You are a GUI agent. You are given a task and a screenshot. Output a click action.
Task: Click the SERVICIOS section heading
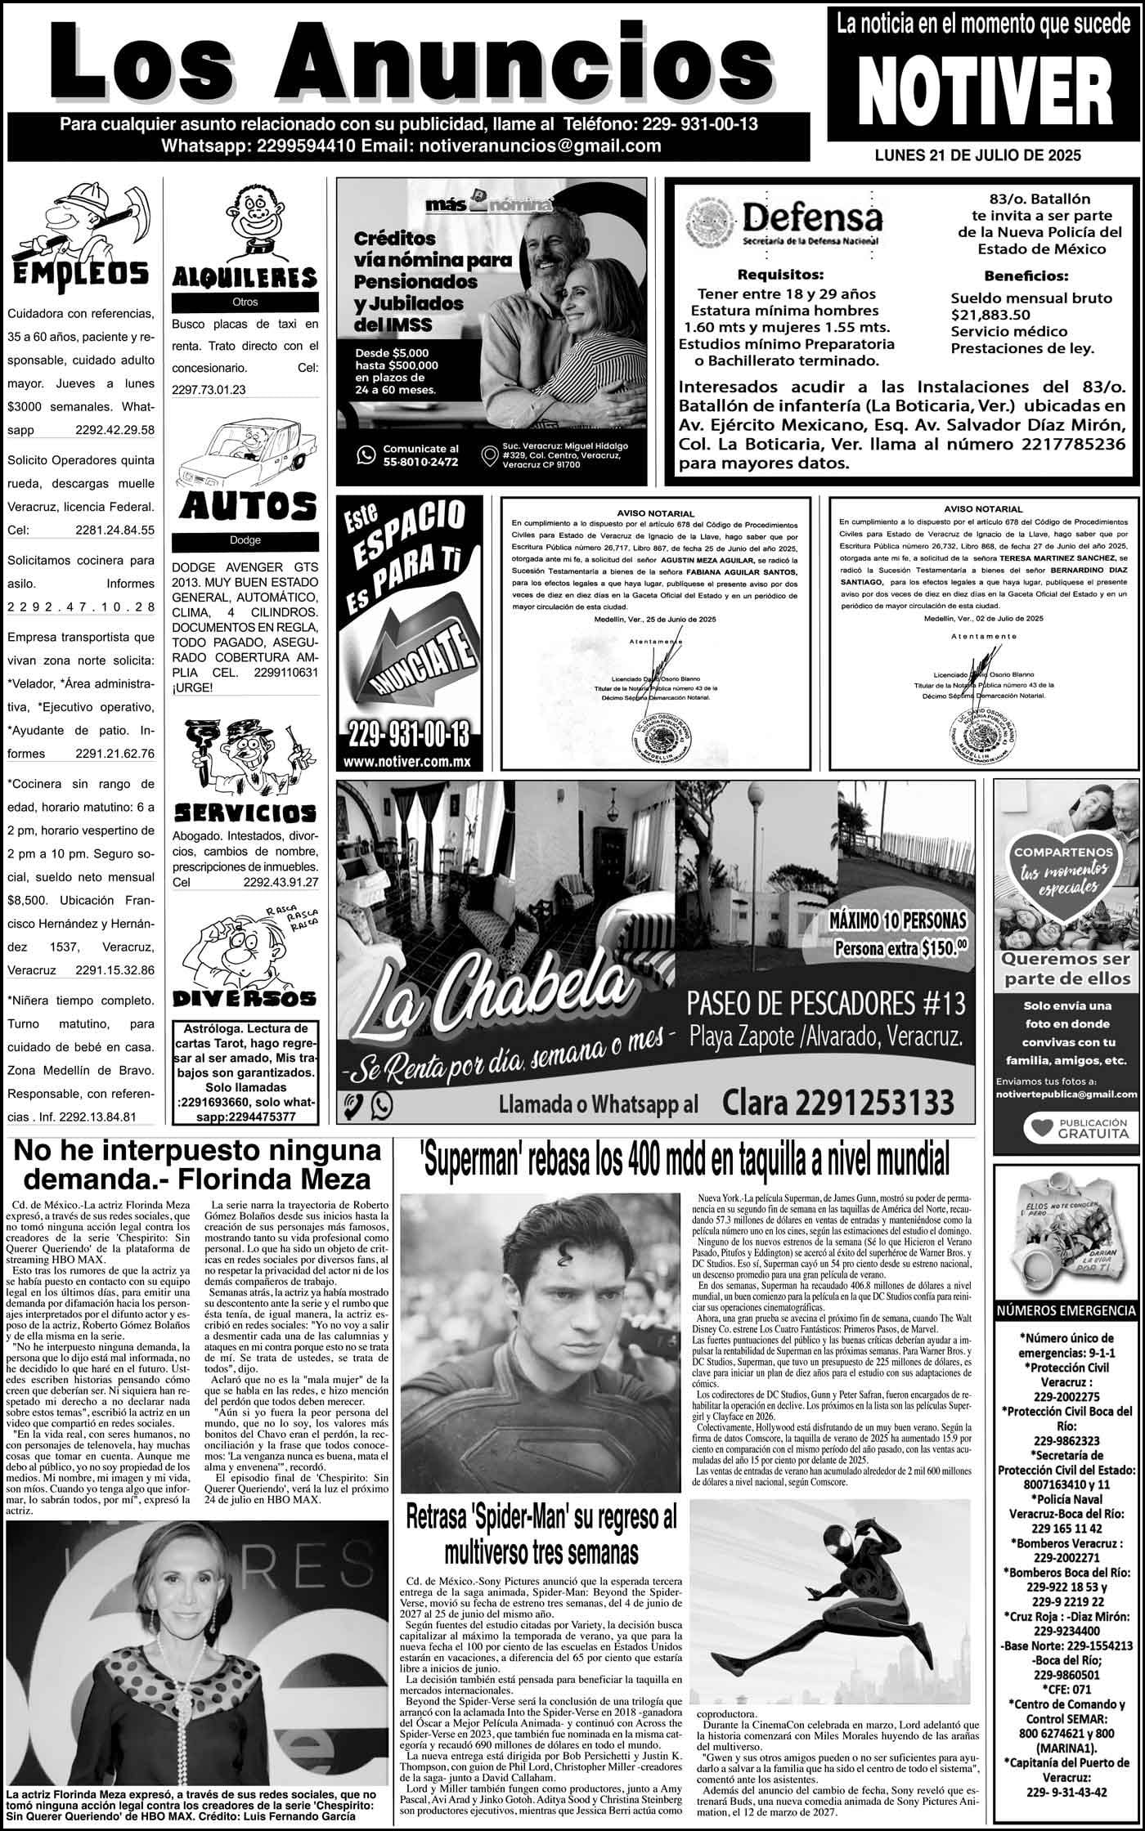coord(245,813)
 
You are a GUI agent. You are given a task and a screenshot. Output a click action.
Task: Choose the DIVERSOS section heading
coord(245,998)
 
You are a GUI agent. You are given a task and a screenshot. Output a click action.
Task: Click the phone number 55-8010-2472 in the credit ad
coord(420,462)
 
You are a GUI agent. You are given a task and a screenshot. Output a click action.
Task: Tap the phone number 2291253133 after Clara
coord(838,1103)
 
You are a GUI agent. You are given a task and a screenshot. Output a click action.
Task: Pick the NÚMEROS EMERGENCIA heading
coord(1066,1311)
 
